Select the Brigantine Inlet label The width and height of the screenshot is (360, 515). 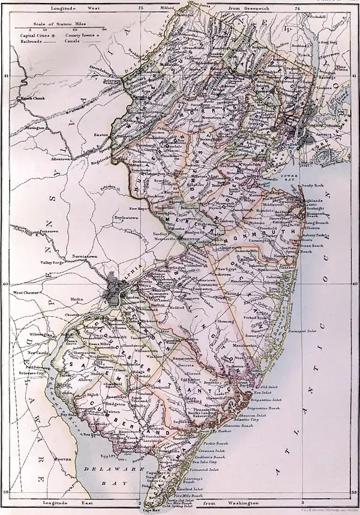click(268, 402)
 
